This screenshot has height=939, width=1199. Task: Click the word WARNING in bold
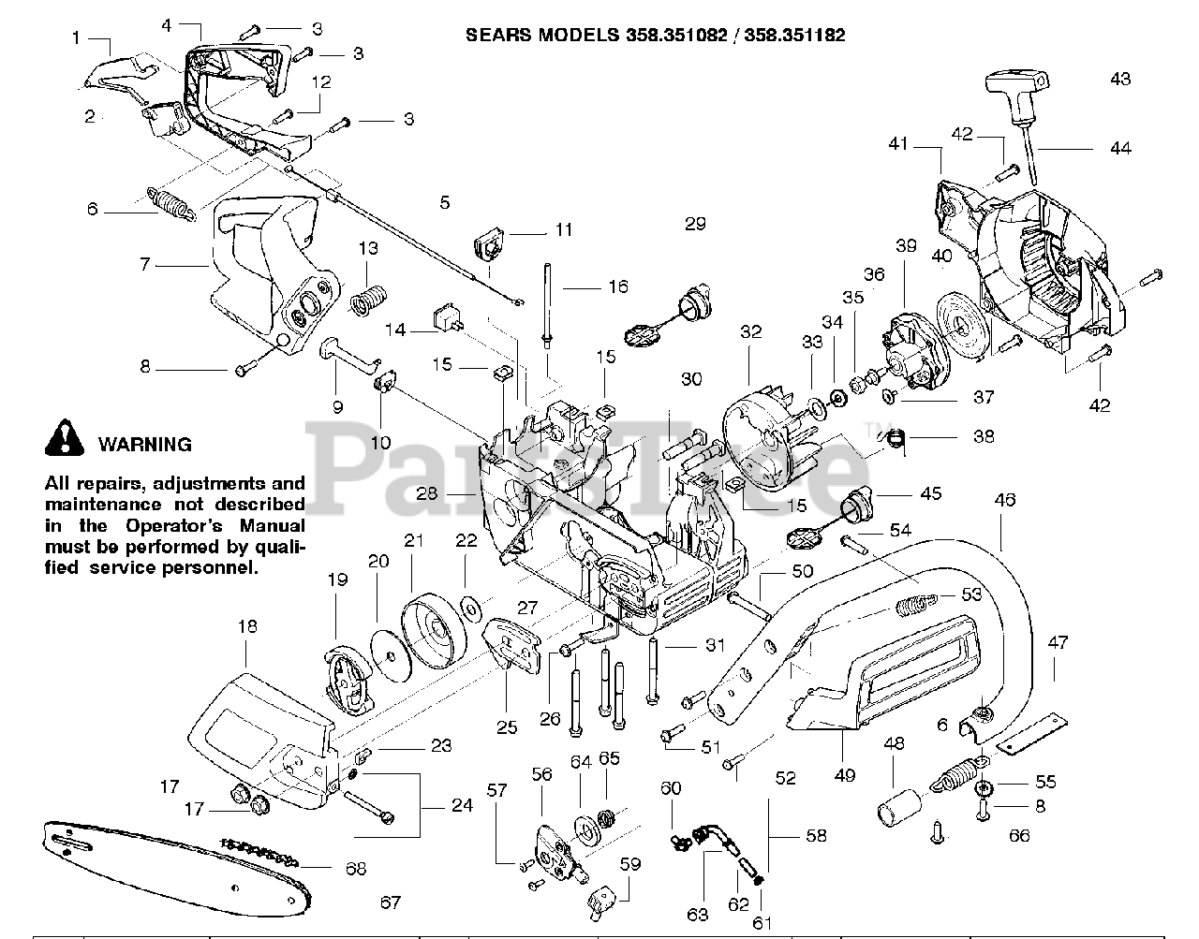click(x=144, y=445)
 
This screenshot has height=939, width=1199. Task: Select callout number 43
click(x=1119, y=79)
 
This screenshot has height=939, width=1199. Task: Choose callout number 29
click(x=694, y=224)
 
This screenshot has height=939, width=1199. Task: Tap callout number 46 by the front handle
click(x=1004, y=500)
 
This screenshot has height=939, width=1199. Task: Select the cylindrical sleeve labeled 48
click(x=897, y=804)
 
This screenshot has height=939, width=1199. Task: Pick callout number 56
click(x=541, y=774)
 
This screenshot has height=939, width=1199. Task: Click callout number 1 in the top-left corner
click(x=76, y=38)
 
